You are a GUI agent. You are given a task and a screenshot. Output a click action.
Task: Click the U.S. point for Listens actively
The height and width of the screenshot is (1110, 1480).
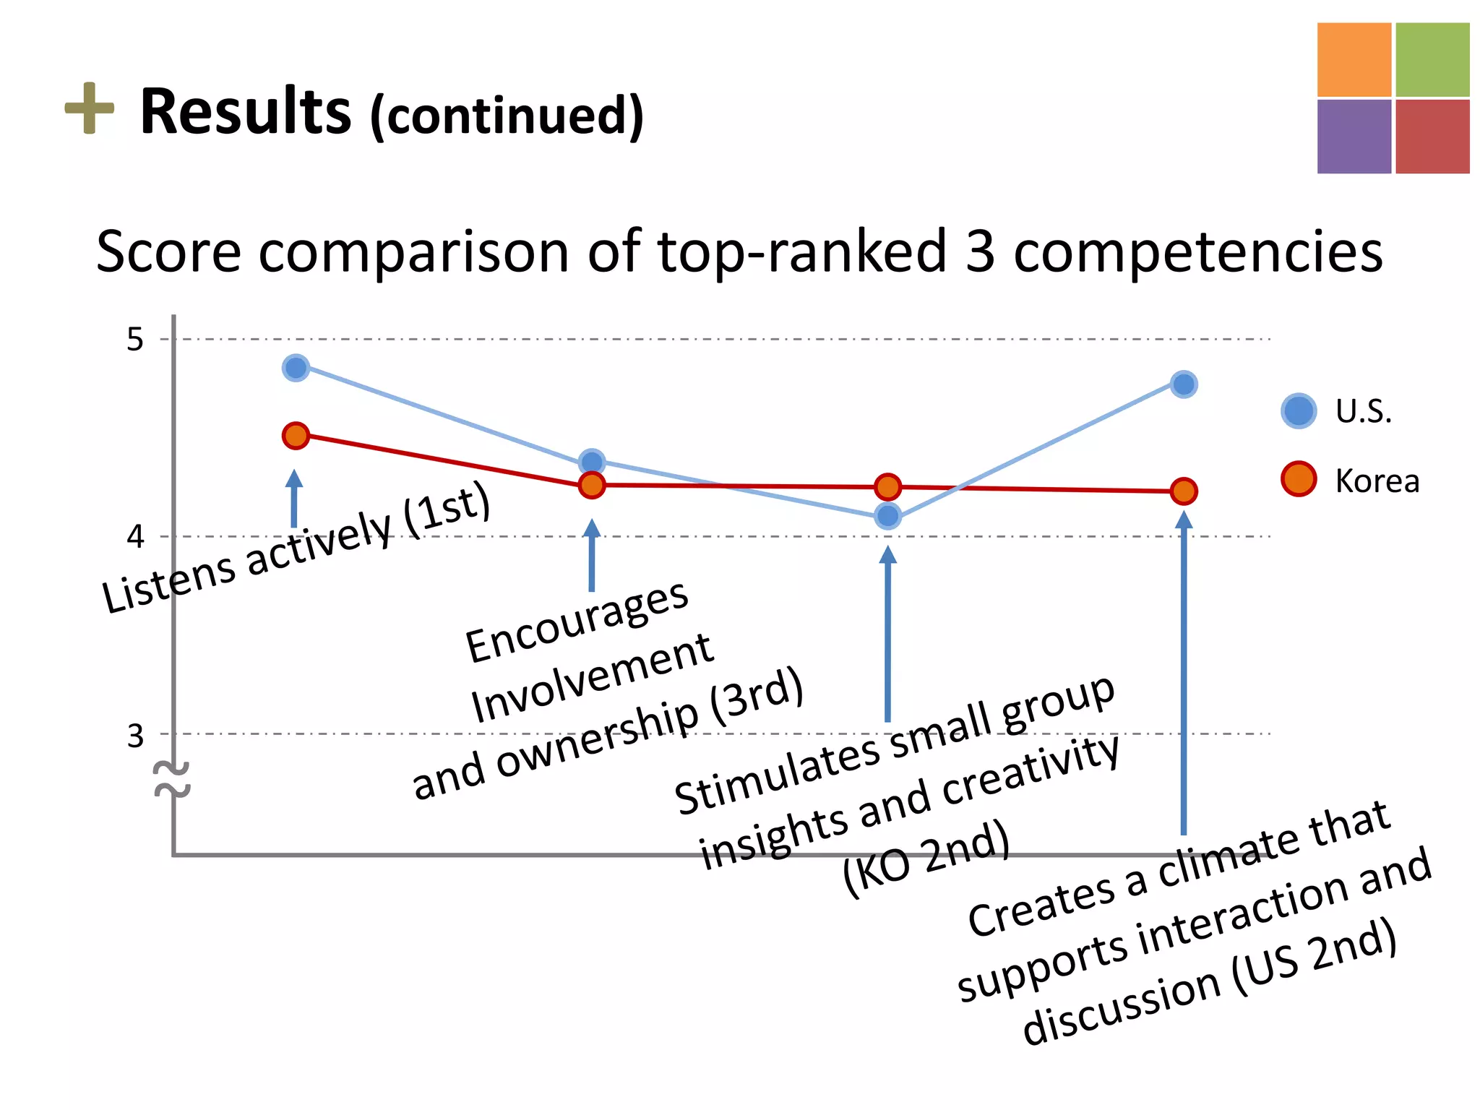296,368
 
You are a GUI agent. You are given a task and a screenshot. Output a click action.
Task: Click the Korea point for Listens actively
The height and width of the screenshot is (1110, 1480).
296,436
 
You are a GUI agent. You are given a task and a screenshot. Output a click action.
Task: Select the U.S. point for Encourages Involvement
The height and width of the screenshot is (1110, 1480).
592,462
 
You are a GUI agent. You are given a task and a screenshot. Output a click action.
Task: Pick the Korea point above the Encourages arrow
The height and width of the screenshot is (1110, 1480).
592,485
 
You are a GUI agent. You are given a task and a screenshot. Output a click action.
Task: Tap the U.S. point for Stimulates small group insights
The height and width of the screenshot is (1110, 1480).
887,516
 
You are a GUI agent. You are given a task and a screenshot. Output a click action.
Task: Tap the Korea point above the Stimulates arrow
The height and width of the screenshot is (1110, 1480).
887,487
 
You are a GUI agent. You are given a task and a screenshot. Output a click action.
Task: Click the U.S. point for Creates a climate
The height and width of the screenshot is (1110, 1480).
1183,384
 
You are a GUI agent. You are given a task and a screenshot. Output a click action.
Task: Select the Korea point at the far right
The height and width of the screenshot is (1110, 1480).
1183,491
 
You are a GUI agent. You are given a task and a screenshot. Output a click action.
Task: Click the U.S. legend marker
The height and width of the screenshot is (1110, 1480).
1299,411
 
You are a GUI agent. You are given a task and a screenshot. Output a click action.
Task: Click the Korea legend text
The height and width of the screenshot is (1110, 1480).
1377,481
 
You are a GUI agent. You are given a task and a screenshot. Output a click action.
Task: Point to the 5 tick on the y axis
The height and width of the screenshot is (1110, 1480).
135,339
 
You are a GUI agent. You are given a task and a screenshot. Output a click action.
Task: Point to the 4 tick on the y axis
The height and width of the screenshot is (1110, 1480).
135,537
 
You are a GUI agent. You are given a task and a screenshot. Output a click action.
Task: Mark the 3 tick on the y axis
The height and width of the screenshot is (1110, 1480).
135,736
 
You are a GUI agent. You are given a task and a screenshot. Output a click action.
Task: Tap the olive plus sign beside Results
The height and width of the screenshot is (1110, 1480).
90,108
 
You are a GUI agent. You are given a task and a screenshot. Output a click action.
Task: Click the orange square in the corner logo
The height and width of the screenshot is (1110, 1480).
1354,59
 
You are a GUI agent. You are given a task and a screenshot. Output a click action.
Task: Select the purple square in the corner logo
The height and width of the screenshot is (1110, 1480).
1354,137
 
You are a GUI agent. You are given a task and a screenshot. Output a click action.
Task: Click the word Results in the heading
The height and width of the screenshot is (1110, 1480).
245,112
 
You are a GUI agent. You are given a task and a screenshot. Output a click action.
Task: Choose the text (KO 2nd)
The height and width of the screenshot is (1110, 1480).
926,858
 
